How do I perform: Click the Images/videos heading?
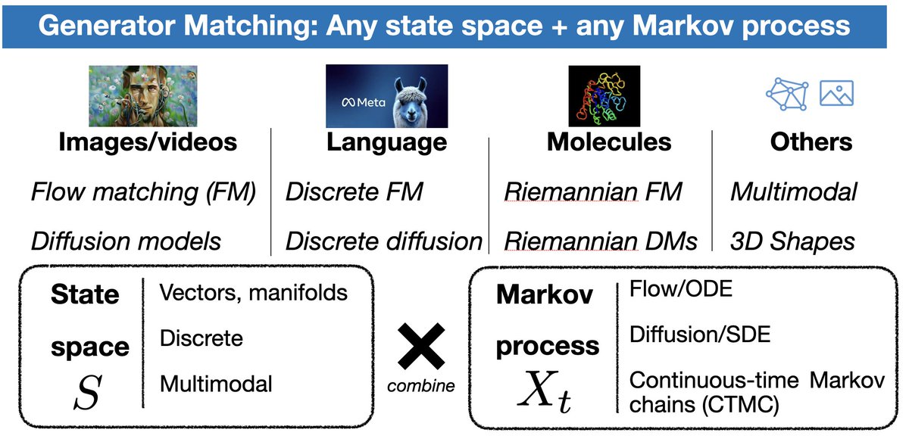148,142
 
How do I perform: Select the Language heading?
386,142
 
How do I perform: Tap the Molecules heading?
609,142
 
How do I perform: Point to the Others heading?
811,142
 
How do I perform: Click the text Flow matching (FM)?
143,191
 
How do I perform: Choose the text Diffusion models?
127,241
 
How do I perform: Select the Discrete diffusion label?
383,241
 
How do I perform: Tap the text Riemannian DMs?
601,241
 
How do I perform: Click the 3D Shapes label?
792,241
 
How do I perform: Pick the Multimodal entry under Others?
793,191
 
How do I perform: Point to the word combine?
421,386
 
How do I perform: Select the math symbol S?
89,391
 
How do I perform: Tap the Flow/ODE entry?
681,289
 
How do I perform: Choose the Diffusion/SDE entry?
700,334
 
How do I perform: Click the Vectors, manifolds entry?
254,292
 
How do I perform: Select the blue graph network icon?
787,93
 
